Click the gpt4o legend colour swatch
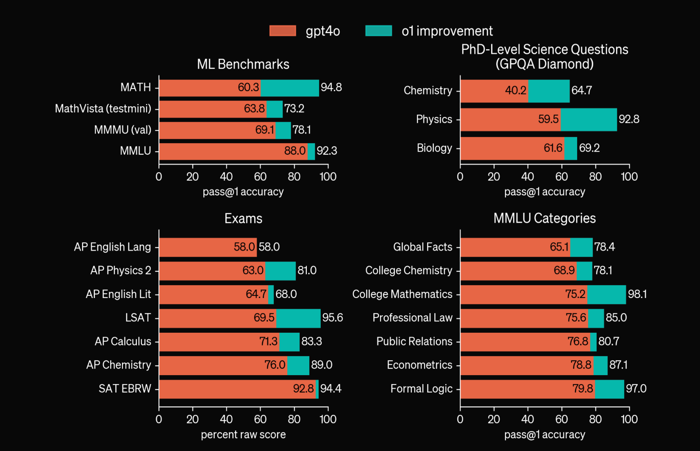pyautogui.click(x=283, y=31)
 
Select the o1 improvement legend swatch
pyautogui.click(x=378, y=31)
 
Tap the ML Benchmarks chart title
pyautogui.click(x=243, y=64)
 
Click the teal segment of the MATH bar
pyautogui.click(x=290, y=88)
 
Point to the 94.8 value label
pyautogui.click(x=331, y=87)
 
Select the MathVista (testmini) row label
pyautogui.click(x=103, y=109)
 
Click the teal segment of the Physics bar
pyautogui.click(x=589, y=120)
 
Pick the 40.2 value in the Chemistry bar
pyautogui.click(x=515, y=90)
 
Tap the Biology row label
pyautogui.click(x=434, y=148)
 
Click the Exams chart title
pyautogui.click(x=243, y=219)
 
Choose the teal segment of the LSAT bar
pyautogui.click(x=298, y=318)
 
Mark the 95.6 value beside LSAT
pyautogui.click(x=333, y=317)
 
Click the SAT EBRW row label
pyautogui.click(x=125, y=389)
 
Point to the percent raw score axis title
pyautogui.click(x=243, y=434)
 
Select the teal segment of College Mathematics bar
pyautogui.click(x=606, y=294)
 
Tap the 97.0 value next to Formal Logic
pyautogui.click(x=636, y=388)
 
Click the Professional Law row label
pyautogui.click(x=412, y=318)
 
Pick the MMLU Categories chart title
pyautogui.click(x=544, y=218)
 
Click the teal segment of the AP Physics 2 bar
pyautogui.click(x=280, y=271)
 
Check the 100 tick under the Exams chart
pyautogui.click(x=328, y=419)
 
